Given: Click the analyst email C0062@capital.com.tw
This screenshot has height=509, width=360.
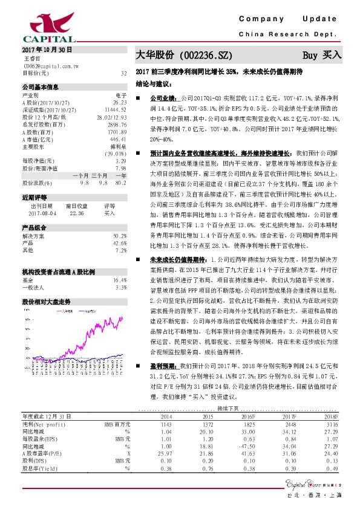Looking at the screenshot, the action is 48,66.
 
